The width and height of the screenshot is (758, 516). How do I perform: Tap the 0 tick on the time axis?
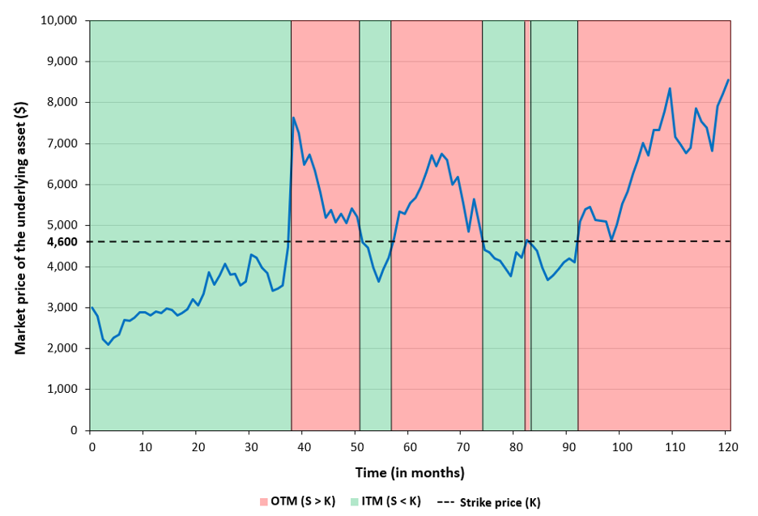click(91, 448)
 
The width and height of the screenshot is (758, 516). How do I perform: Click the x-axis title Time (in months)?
click(410, 472)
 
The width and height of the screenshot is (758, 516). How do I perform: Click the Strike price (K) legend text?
click(500, 501)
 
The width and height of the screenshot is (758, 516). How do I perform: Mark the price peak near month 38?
click(293, 117)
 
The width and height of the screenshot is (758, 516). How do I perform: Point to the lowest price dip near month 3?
click(109, 345)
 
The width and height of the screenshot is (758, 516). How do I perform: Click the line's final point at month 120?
click(728, 80)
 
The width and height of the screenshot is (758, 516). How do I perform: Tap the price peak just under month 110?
click(670, 88)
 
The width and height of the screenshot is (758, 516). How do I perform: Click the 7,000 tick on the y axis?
click(62, 143)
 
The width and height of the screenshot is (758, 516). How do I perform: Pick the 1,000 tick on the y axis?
click(62, 390)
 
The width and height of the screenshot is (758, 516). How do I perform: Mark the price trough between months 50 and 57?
click(378, 281)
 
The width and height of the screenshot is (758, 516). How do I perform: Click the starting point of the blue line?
click(92, 308)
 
